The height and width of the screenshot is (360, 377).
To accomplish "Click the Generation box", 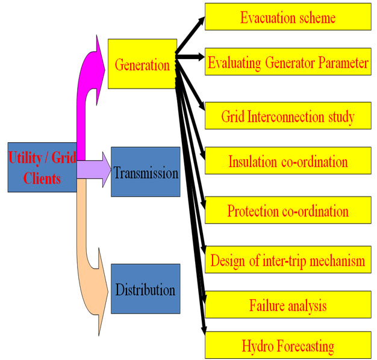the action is [x=142, y=64].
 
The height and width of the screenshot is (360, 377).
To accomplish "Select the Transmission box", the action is [x=146, y=172].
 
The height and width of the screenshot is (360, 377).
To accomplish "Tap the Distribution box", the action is [x=146, y=289].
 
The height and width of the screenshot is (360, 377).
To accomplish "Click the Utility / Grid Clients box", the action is [x=42, y=168].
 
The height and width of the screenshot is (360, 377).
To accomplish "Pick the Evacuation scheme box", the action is [x=288, y=17].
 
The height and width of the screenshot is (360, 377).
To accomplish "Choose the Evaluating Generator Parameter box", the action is [x=288, y=62].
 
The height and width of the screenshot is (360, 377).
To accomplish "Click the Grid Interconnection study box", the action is [x=288, y=116].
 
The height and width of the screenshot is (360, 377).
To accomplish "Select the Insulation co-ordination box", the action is [x=288, y=160].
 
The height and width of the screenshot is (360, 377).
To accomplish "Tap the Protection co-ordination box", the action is [x=288, y=210].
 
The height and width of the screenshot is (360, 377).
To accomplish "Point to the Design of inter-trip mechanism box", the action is [x=288, y=259].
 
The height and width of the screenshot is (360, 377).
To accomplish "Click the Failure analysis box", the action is [x=288, y=305].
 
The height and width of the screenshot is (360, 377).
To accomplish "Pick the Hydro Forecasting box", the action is [x=288, y=345].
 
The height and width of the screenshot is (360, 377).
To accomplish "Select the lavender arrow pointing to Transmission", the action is [x=94, y=169].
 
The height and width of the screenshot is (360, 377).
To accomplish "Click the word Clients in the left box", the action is [x=42, y=178].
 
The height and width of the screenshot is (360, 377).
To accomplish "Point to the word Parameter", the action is [x=344, y=63].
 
